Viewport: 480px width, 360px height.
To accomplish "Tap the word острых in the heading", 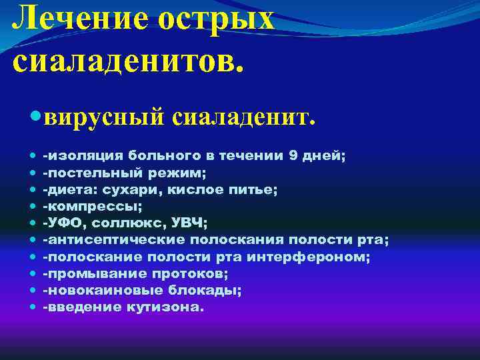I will click(215, 18).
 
